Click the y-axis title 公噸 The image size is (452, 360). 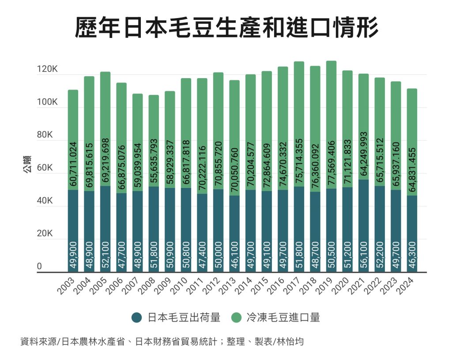27,169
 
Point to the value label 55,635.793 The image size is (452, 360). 154,163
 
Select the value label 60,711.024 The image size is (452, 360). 73,164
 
